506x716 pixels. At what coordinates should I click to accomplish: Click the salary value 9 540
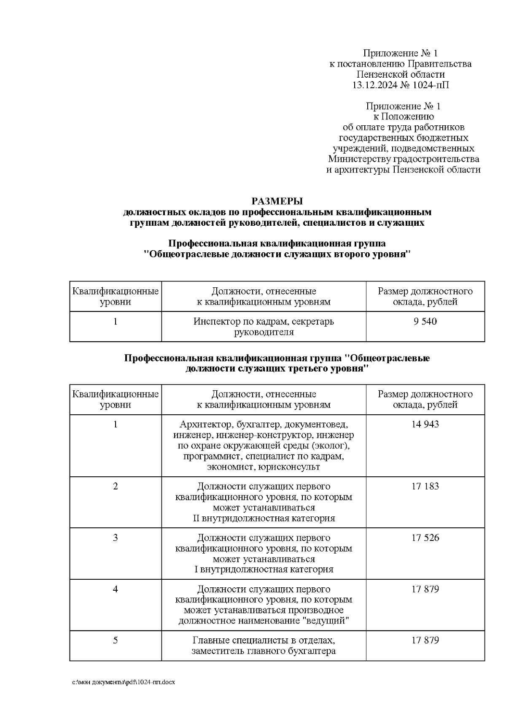click(425, 322)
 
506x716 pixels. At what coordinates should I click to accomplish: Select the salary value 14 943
click(425, 424)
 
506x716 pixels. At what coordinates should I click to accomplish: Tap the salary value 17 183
click(425, 486)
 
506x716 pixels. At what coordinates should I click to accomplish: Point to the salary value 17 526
click(425, 538)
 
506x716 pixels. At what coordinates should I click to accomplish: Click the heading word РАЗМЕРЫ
click(277, 201)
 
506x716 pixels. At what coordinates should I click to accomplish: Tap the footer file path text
click(124, 682)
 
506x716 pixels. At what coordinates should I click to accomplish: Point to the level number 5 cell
click(115, 640)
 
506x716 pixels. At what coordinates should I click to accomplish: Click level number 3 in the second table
click(115, 538)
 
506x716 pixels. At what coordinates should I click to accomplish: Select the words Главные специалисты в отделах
click(264, 640)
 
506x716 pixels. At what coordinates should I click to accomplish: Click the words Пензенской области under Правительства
click(400, 75)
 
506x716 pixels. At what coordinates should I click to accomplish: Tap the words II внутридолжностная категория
click(264, 518)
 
